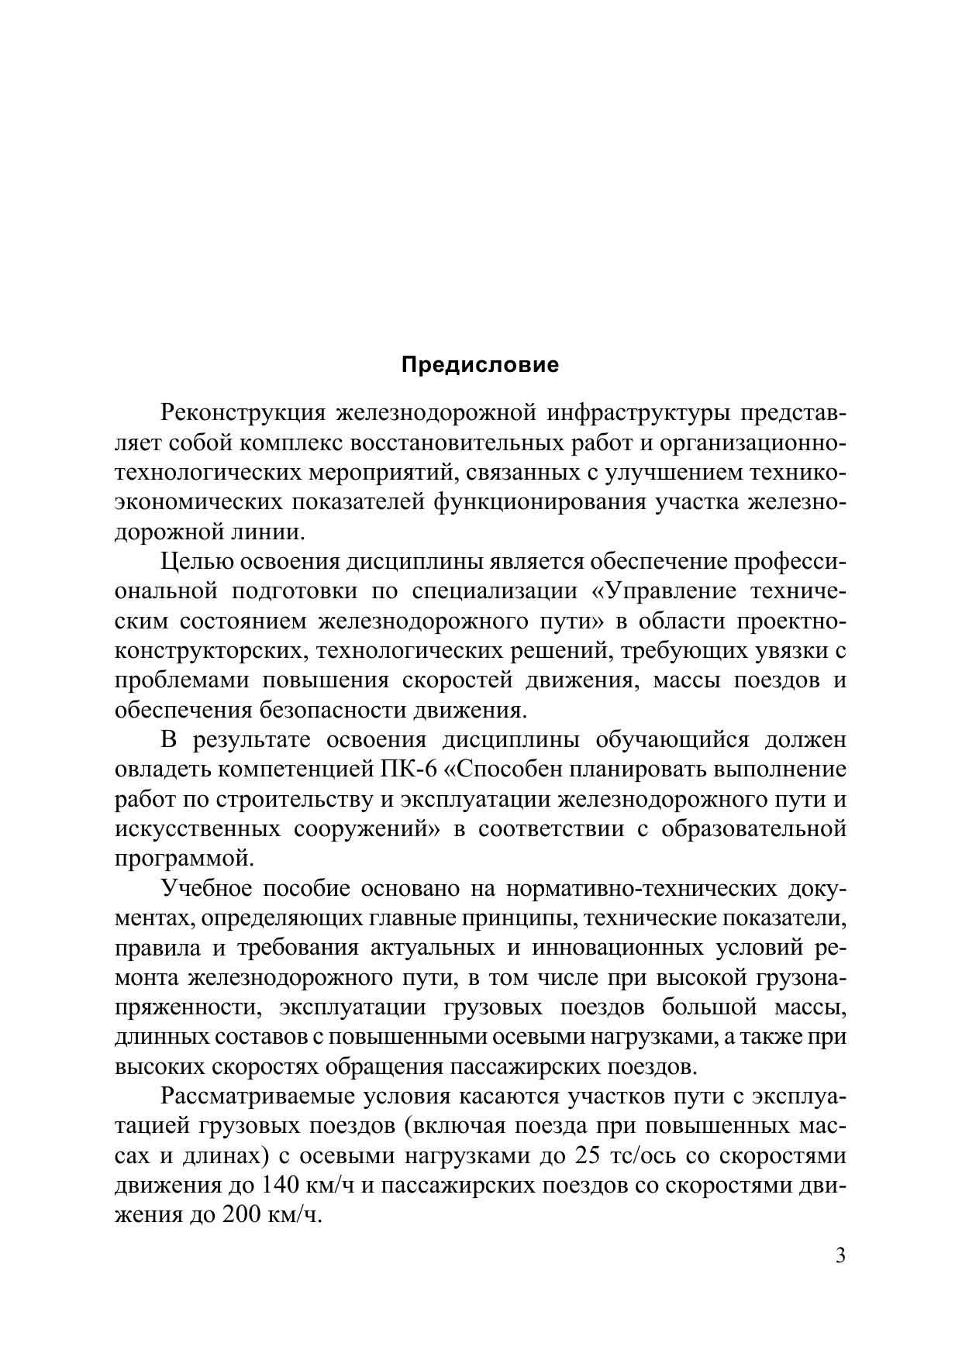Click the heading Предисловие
[x=480, y=365]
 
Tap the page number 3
[x=840, y=1256]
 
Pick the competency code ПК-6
[x=409, y=770]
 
